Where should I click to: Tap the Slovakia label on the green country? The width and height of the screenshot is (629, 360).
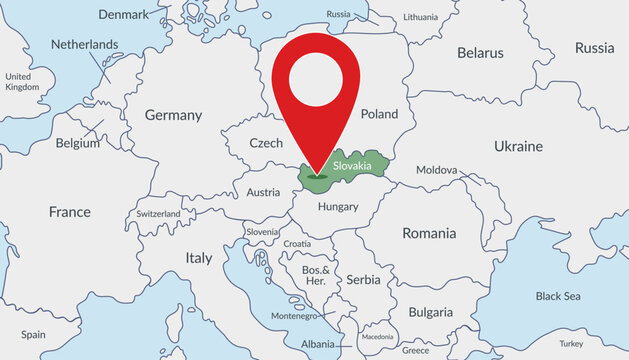352,164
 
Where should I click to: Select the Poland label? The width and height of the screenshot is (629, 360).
379,115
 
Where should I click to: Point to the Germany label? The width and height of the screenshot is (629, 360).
173,115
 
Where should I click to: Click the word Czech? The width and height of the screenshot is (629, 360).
266,143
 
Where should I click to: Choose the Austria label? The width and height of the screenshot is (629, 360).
263,192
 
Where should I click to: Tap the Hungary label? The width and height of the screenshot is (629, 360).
337,206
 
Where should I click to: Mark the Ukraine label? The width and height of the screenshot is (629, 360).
518,146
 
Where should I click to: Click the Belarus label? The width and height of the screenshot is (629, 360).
480,52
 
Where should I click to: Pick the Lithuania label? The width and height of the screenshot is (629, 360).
420,18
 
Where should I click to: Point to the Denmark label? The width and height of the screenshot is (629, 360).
123,14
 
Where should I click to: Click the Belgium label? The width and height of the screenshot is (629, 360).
78,143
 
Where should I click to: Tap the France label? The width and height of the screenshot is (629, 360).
70,212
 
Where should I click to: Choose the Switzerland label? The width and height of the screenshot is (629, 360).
159,214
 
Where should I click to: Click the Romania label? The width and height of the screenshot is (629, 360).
429,233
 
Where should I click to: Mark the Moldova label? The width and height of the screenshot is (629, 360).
436,170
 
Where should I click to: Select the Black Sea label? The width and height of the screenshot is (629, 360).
557,296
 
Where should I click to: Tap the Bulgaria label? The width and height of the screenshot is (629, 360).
430,311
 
